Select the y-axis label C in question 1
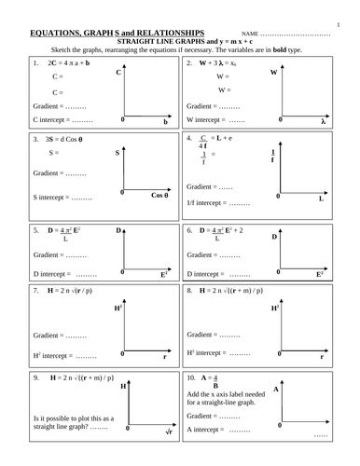click(118, 72)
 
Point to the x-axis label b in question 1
click(164, 122)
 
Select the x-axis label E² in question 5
click(164, 276)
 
